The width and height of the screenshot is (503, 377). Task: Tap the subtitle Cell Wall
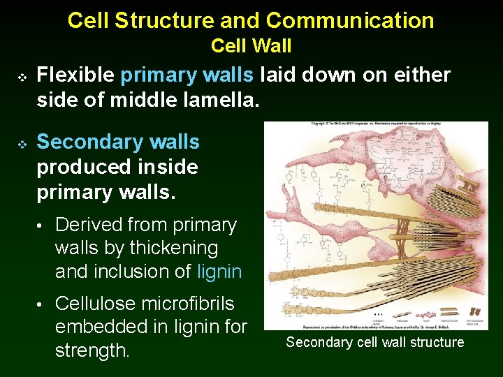[x=251, y=46]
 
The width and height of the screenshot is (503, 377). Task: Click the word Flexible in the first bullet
[x=75, y=74]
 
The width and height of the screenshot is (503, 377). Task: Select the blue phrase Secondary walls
[x=118, y=142]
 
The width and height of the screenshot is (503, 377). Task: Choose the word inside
[x=168, y=167]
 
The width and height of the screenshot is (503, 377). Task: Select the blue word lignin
[x=219, y=271]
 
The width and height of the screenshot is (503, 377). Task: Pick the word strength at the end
[x=92, y=350]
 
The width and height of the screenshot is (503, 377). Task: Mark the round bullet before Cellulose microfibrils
[x=42, y=304]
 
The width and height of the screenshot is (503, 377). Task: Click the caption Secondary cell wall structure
[x=375, y=342]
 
